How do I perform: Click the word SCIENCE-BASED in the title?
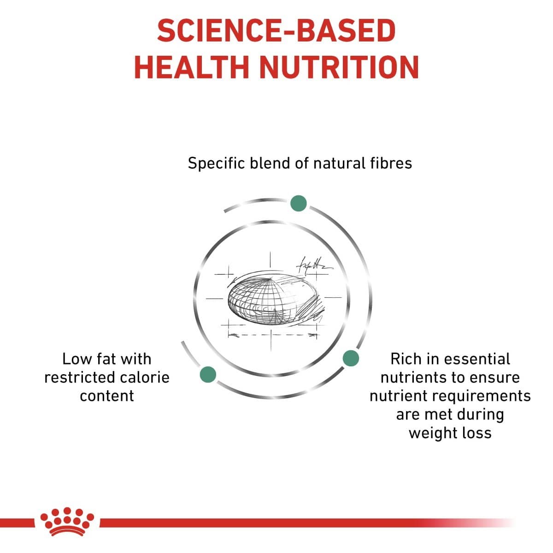(x=276, y=31)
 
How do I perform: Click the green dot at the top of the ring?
(x=299, y=203)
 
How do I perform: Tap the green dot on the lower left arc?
(x=208, y=375)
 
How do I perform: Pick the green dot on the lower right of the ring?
(x=351, y=358)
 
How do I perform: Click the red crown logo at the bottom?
(x=67, y=521)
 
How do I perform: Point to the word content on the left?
(x=107, y=396)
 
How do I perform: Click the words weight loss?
(x=450, y=433)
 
